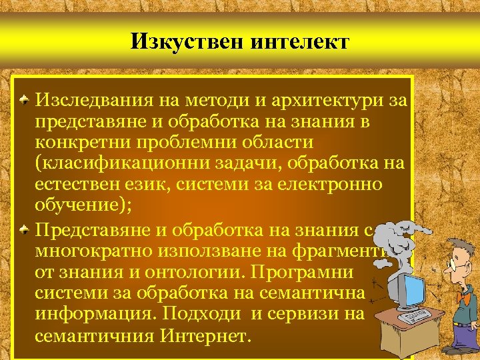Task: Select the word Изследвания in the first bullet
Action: (95, 101)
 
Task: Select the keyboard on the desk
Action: (415, 316)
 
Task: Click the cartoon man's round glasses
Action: (457, 265)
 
